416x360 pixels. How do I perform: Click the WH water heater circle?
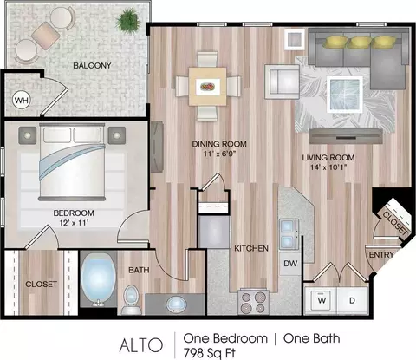pyautogui.click(x=22, y=101)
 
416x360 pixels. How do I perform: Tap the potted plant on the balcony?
pyautogui.click(x=127, y=19)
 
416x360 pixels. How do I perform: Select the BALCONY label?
pyautogui.click(x=92, y=66)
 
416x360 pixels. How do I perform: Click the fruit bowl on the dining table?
pyautogui.click(x=208, y=87)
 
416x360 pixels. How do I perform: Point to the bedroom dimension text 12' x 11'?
pyautogui.click(x=74, y=223)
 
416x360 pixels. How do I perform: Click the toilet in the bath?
pyautogui.click(x=132, y=300)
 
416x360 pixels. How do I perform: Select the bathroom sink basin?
pyautogui.click(x=176, y=304)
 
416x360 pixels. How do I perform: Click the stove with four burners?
pyautogui.click(x=253, y=302)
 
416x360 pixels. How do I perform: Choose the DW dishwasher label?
pyautogui.click(x=290, y=264)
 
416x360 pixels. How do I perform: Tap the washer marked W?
pyautogui.click(x=322, y=301)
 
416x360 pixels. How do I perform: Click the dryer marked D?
pyautogui.click(x=352, y=301)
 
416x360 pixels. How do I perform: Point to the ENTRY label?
pyautogui.click(x=381, y=255)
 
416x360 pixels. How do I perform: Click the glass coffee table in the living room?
pyautogui.click(x=345, y=95)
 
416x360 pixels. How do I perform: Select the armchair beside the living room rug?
pyautogui.click(x=283, y=82)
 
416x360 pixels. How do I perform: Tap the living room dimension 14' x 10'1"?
pyautogui.click(x=328, y=167)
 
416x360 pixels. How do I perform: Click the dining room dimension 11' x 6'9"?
pyautogui.click(x=220, y=154)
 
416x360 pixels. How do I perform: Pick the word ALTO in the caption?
pyautogui.click(x=141, y=345)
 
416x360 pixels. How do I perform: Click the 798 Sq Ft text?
pyautogui.click(x=210, y=353)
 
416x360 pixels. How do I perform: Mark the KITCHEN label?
pyautogui.click(x=251, y=248)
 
